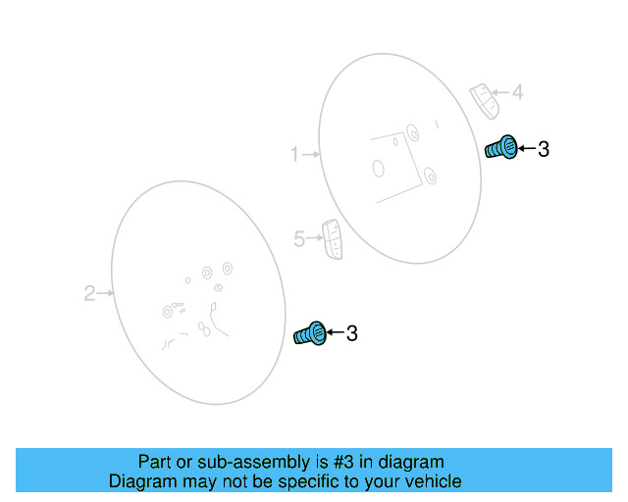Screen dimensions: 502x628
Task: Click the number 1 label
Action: coord(293,154)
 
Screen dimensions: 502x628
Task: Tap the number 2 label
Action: coord(88,292)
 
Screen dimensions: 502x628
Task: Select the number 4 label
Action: coord(517,93)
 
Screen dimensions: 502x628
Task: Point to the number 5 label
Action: coord(299,237)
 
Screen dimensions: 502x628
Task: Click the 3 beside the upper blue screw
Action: coord(543,149)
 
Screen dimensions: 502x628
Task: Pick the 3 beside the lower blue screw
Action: coord(351,333)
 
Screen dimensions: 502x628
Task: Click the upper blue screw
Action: coord(501,149)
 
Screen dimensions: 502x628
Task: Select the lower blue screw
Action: coord(310,333)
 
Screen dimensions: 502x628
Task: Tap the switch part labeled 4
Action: coord(484,98)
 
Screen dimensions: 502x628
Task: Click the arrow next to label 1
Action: coord(312,154)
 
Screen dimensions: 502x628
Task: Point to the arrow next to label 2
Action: coord(106,292)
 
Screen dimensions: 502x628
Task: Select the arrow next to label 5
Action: coord(315,237)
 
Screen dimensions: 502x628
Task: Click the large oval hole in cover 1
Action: coord(379,168)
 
